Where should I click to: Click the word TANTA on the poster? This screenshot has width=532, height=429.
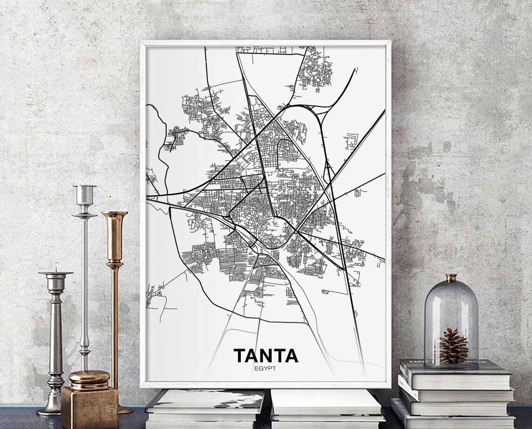click(266, 355)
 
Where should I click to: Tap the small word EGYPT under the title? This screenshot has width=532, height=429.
click(266, 369)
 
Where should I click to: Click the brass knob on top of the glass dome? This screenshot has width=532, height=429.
click(451, 278)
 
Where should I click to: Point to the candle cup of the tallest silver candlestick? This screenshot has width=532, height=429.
click(84, 194)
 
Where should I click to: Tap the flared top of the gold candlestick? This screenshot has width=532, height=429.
click(115, 216)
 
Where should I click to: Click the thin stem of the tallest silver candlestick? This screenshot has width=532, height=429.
click(84, 280)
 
